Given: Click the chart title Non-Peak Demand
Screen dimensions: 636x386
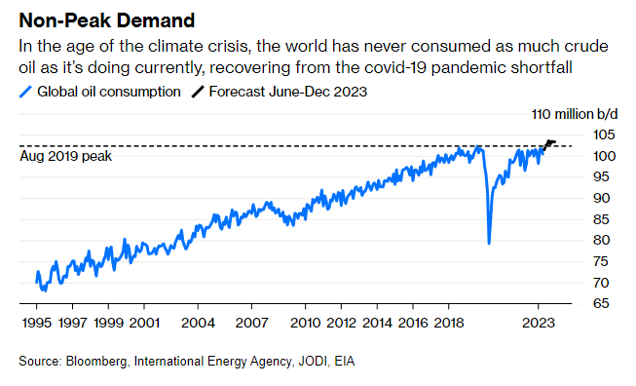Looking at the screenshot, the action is (x=107, y=20).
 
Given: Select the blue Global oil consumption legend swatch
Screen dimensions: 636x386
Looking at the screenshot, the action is (x=25, y=92).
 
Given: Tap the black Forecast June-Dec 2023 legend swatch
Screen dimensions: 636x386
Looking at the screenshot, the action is (x=198, y=92).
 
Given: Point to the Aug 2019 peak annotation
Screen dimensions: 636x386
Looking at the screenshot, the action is (x=65, y=156).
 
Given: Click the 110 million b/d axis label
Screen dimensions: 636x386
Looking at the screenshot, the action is (x=575, y=114).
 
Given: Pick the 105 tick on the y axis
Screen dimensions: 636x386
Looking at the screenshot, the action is (x=604, y=135).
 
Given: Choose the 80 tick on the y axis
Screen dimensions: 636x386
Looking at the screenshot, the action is (x=601, y=240).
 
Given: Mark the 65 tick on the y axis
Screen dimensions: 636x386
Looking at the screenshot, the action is (x=601, y=303).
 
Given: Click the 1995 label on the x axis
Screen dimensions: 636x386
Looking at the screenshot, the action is (x=36, y=323).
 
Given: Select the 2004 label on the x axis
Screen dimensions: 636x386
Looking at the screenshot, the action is (x=198, y=323).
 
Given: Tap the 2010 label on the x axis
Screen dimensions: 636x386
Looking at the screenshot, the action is (x=306, y=323).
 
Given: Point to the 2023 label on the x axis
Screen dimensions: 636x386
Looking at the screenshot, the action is (x=538, y=323).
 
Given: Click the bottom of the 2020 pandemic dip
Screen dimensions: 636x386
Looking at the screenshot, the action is (x=489, y=243).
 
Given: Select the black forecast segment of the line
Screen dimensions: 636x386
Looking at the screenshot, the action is (x=549, y=144).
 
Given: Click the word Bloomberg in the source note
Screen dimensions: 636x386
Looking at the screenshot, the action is (x=96, y=362).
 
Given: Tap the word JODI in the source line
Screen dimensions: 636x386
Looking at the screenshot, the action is (x=313, y=361).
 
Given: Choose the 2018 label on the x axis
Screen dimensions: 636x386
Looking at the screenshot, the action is (x=449, y=323).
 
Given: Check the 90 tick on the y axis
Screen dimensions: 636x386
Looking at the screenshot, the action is (x=601, y=198).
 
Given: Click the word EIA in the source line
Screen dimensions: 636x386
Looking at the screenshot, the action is (x=345, y=361).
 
